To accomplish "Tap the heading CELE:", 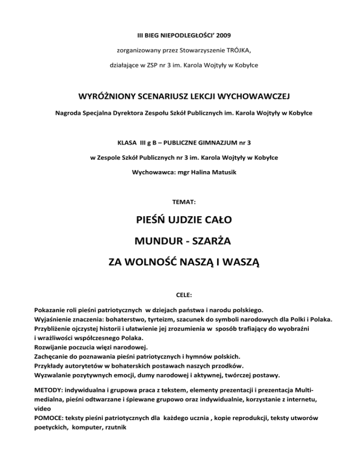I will click(x=180, y=296).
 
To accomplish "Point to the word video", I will click(x=43, y=407).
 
